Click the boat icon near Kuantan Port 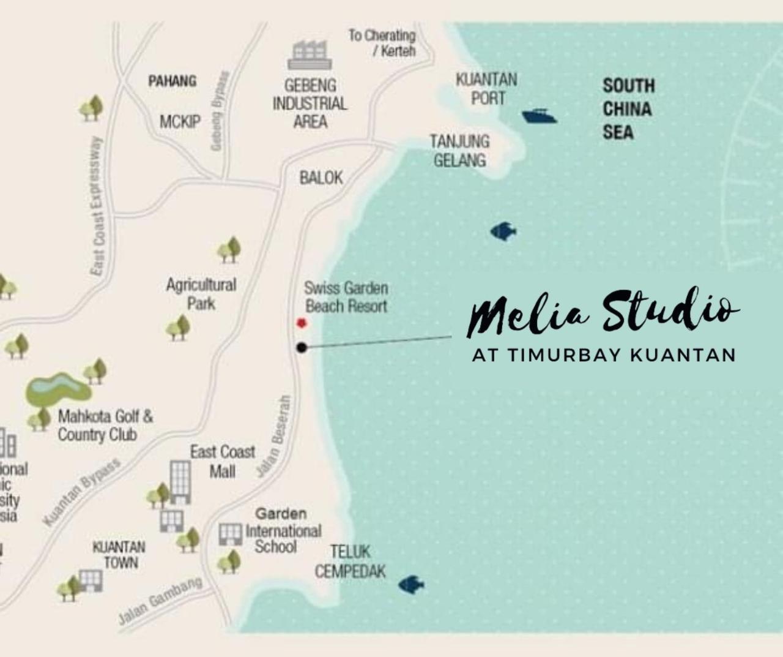pyautogui.click(x=539, y=116)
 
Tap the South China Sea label pyautogui.click(x=628, y=109)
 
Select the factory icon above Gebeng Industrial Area pyautogui.click(x=310, y=55)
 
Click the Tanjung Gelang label pyautogui.click(x=459, y=151)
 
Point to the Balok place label pyautogui.click(x=321, y=178)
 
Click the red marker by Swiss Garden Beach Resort pyautogui.click(x=301, y=323)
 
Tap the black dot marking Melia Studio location pyautogui.click(x=302, y=348)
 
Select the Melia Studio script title pyautogui.click(x=603, y=312)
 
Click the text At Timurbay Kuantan pyautogui.click(x=604, y=355)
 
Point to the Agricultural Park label pyautogui.click(x=201, y=294)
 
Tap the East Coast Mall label pyautogui.click(x=222, y=462)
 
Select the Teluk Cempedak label pyautogui.click(x=350, y=561)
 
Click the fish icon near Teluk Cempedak pyautogui.click(x=412, y=584)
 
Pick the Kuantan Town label pyautogui.click(x=119, y=555)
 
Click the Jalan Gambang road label pyautogui.click(x=161, y=601)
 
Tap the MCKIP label pyautogui.click(x=180, y=122)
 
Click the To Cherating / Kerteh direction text pyautogui.click(x=383, y=43)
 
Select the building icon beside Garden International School pyautogui.click(x=231, y=534)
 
